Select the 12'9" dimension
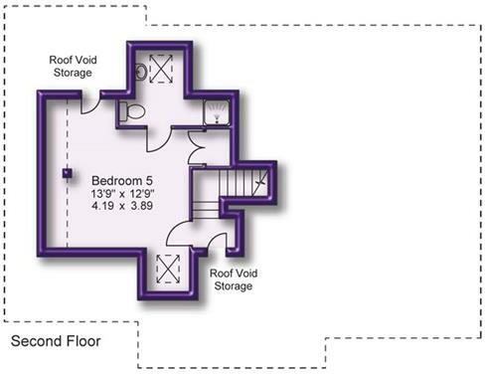click(142, 193)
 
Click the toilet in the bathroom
click(125, 111)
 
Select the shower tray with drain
click(216, 112)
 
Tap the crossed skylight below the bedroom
click(168, 269)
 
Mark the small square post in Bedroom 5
click(68, 173)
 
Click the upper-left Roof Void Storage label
click(71, 66)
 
